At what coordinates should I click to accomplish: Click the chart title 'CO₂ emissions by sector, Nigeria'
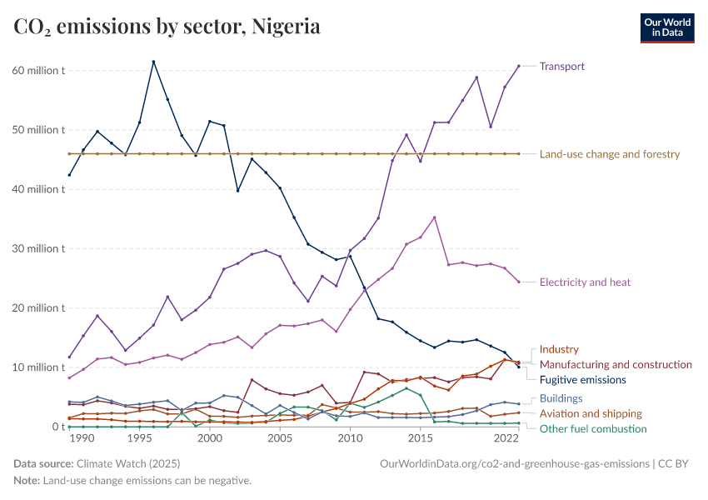tap(167, 27)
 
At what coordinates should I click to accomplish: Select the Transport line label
tap(562, 66)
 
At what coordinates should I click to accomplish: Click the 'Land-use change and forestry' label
tap(610, 154)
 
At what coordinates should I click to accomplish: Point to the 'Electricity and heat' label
tap(585, 282)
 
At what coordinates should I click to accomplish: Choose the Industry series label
tap(559, 350)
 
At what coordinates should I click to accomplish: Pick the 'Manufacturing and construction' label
tap(616, 365)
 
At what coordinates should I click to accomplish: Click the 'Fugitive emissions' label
tap(582, 380)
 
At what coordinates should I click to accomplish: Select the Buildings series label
tap(561, 398)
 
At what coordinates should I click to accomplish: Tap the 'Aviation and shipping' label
tap(591, 413)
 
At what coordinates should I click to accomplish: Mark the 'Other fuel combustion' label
tap(593, 428)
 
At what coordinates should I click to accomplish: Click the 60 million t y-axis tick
tap(37, 70)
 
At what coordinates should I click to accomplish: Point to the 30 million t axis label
tap(37, 248)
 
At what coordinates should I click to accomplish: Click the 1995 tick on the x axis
tap(139, 438)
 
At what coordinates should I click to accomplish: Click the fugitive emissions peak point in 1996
tap(153, 62)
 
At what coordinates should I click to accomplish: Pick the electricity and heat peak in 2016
tap(434, 217)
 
